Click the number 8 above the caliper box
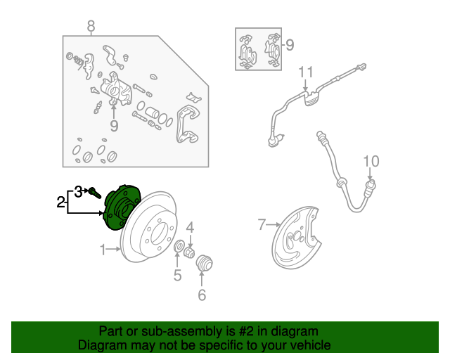click(91, 26)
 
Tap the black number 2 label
click(60, 202)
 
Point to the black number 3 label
click(78, 192)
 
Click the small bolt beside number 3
click(95, 193)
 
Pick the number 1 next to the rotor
click(103, 250)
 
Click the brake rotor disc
click(149, 227)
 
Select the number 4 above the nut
click(190, 228)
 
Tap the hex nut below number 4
click(189, 252)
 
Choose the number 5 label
click(178, 275)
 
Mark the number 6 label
click(202, 295)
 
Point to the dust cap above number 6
click(204, 263)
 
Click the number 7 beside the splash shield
click(262, 224)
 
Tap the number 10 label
click(371, 161)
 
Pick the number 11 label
click(306, 72)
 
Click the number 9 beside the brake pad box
click(290, 45)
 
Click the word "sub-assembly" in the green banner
click(181, 331)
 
